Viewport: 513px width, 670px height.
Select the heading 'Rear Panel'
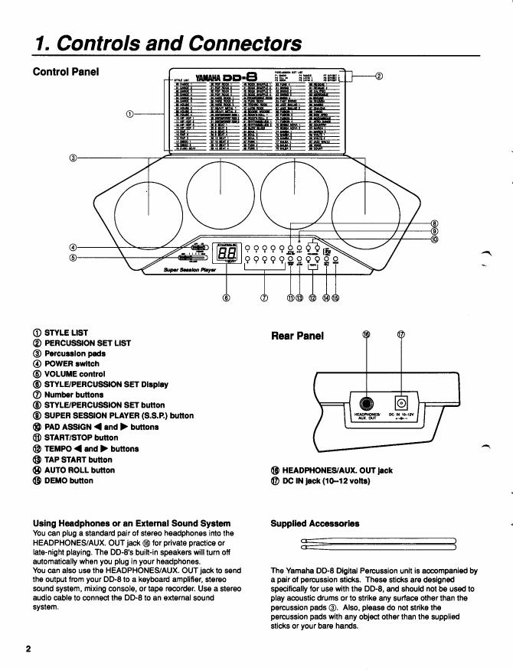pyautogui.click(x=297, y=335)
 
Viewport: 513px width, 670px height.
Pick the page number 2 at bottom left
pyautogui.click(x=28, y=649)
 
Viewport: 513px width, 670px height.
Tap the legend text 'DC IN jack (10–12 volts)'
pyautogui.click(x=326, y=480)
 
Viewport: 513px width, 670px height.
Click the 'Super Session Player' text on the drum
pyautogui.click(x=190, y=269)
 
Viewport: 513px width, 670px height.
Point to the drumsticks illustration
pyautogui.click(x=378, y=544)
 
